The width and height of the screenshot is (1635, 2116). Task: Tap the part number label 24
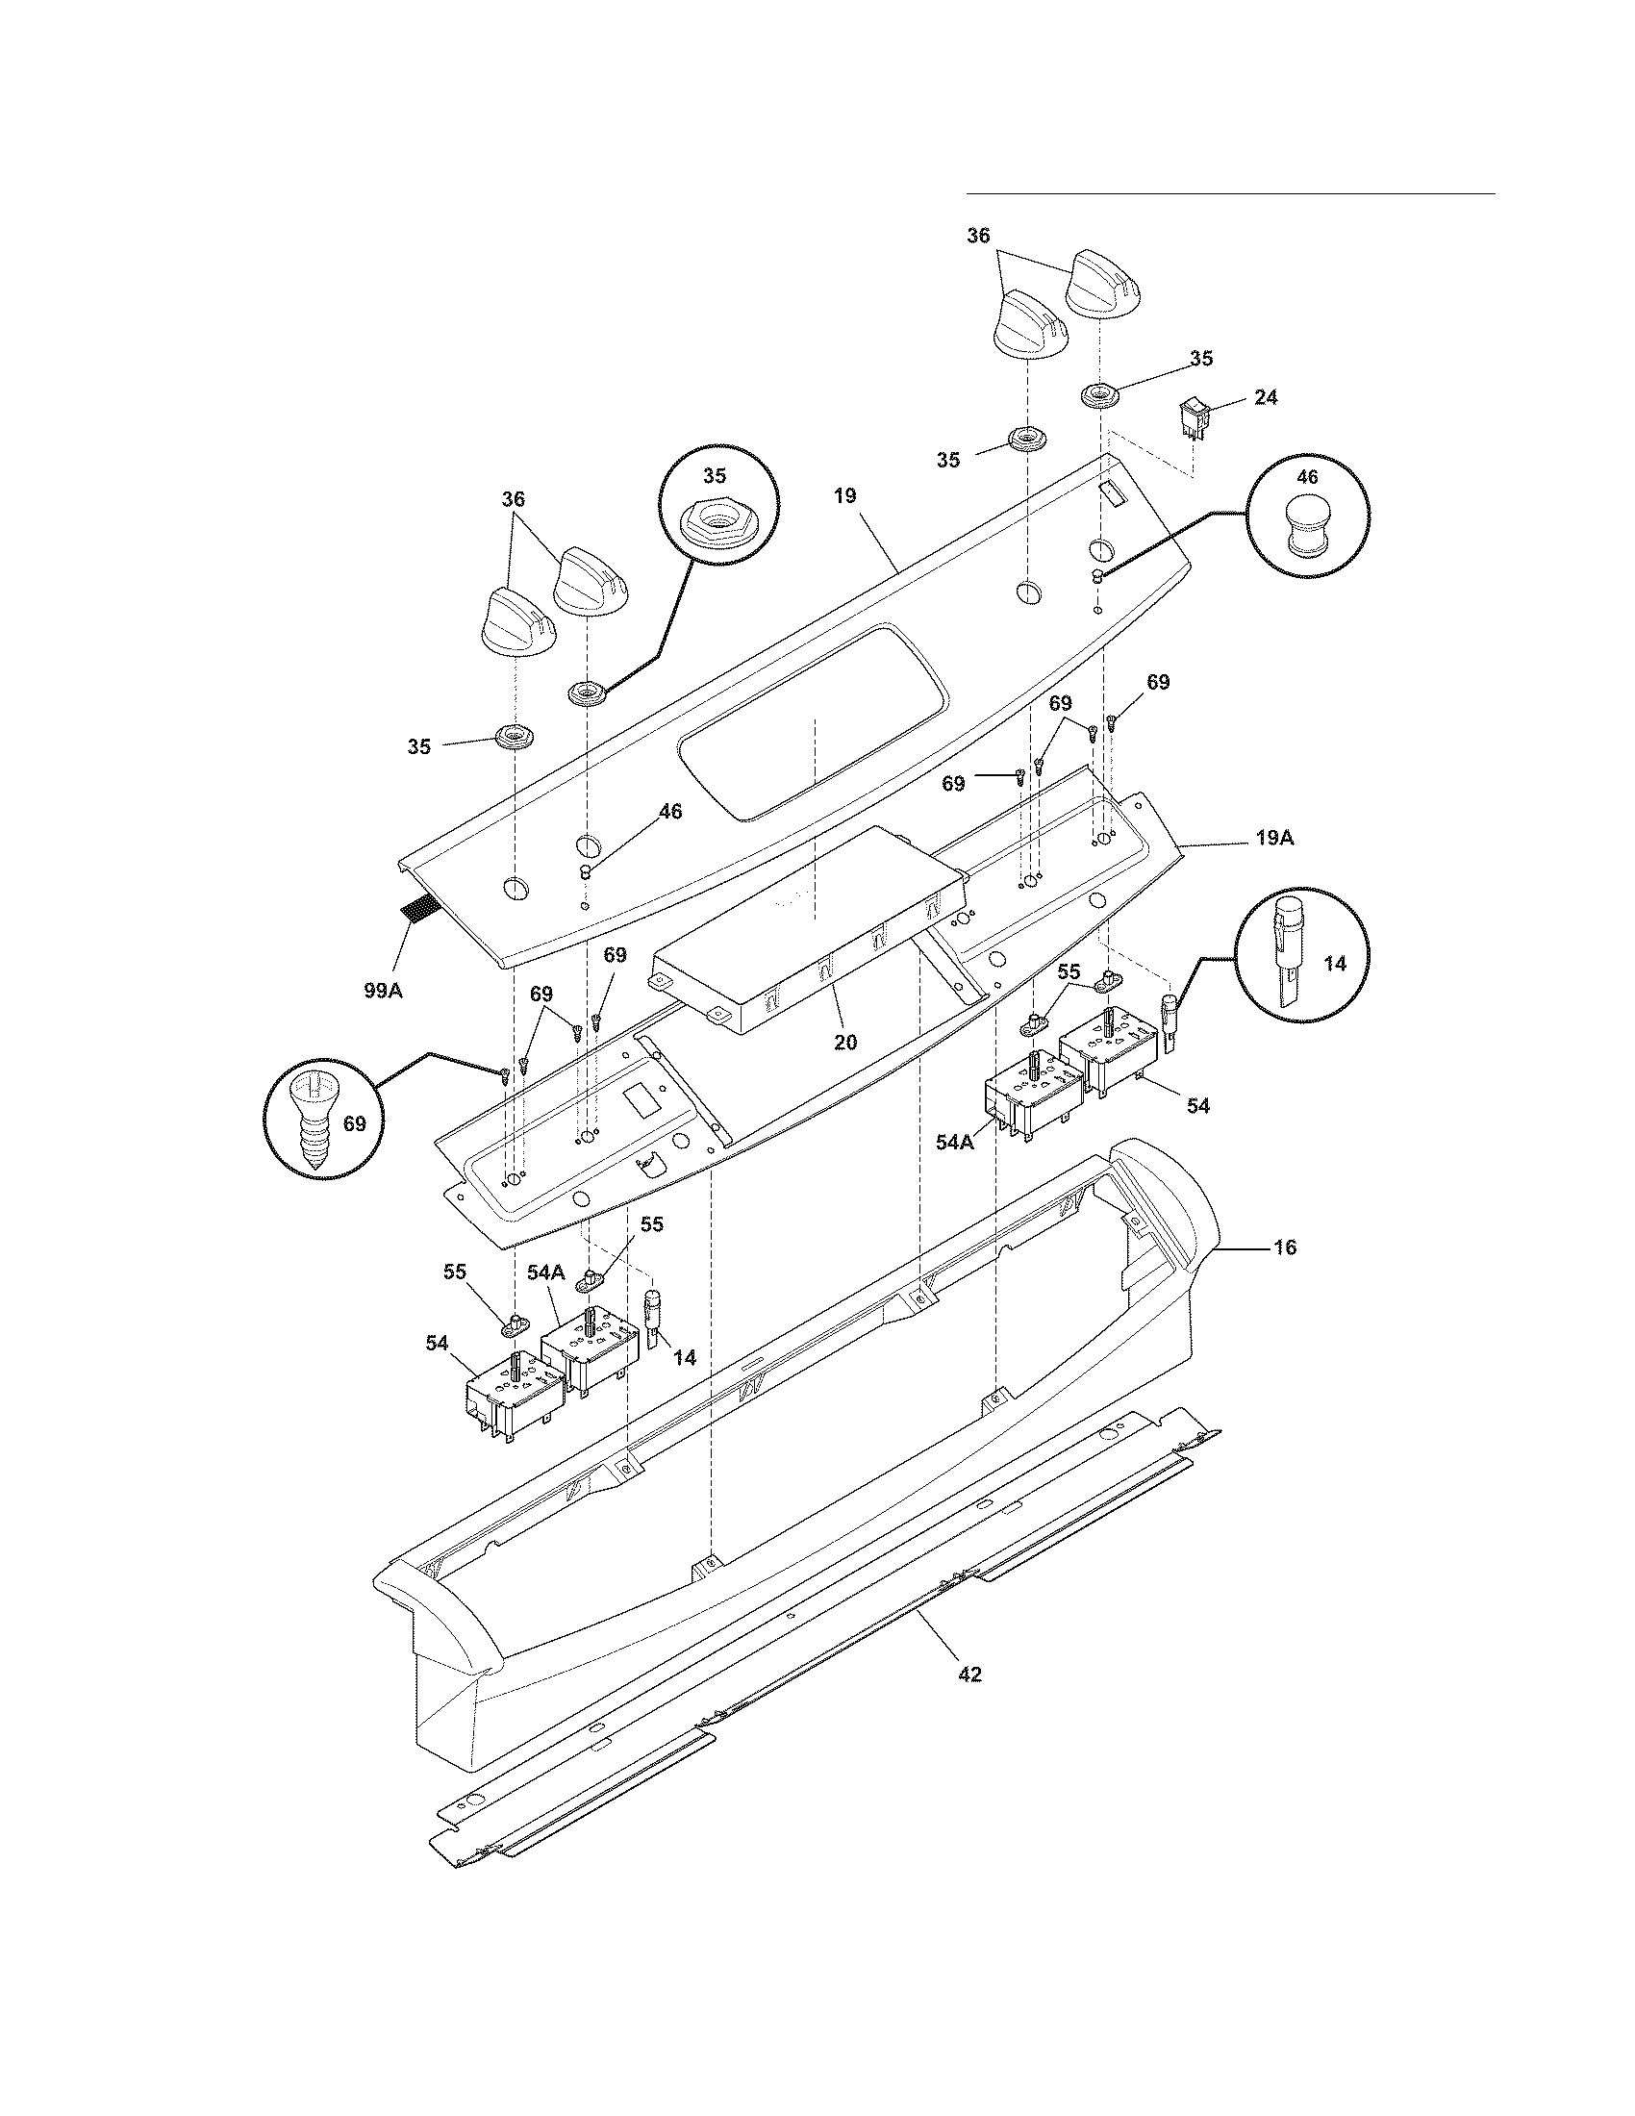tap(1265, 397)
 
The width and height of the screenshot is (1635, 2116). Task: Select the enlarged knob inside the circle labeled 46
tap(1308, 528)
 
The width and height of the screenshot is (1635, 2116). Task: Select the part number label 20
tap(845, 1043)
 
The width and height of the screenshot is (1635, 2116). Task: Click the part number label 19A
tap(1274, 839)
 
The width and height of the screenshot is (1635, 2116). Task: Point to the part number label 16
tap(1283, 1247)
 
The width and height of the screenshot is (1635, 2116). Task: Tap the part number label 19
tap(844, 496)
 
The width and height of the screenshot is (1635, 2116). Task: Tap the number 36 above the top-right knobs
tap(978, 236)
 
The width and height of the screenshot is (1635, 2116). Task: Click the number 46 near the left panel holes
tap(670, 812)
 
